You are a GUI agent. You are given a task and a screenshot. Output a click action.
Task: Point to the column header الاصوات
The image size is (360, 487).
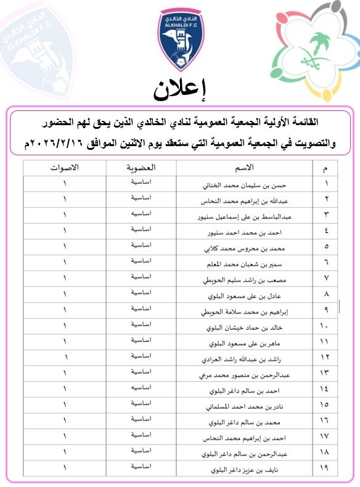coord(64,168)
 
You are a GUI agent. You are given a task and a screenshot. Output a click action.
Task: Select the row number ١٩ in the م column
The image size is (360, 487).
coord(325,471)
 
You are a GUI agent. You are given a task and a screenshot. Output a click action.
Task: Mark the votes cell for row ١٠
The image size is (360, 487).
coord(64,325)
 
